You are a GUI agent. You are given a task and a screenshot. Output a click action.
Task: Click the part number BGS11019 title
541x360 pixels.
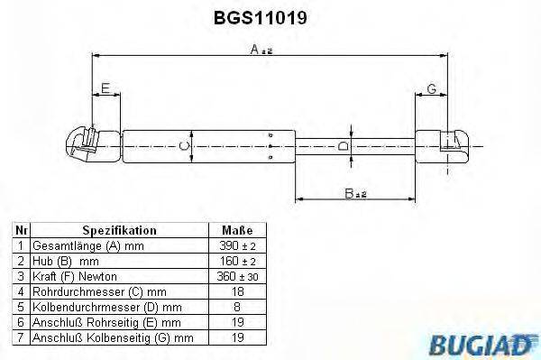click(x=261, y=18)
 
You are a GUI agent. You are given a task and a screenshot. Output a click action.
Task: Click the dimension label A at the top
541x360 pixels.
click(x=261, y=50)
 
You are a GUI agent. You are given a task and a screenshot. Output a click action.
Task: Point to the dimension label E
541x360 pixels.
click(x=105, y=88)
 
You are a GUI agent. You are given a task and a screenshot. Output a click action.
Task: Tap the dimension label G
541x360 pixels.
click(x=432, y=88)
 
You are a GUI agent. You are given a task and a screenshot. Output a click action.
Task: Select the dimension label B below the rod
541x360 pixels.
click(x=355, y=194)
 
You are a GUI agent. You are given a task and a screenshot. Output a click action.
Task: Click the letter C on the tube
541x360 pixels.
click(x=185, y=146)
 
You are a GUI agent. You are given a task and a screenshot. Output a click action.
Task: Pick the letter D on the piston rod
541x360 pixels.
click(x=344, y=146)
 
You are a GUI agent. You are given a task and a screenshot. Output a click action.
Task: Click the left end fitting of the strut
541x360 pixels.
click(x=93, y=146)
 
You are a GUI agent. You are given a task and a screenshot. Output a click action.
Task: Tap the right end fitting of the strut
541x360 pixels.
click(x=442, y=146)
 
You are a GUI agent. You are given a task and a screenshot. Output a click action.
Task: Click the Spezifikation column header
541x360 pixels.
click(x=119, y=230)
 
